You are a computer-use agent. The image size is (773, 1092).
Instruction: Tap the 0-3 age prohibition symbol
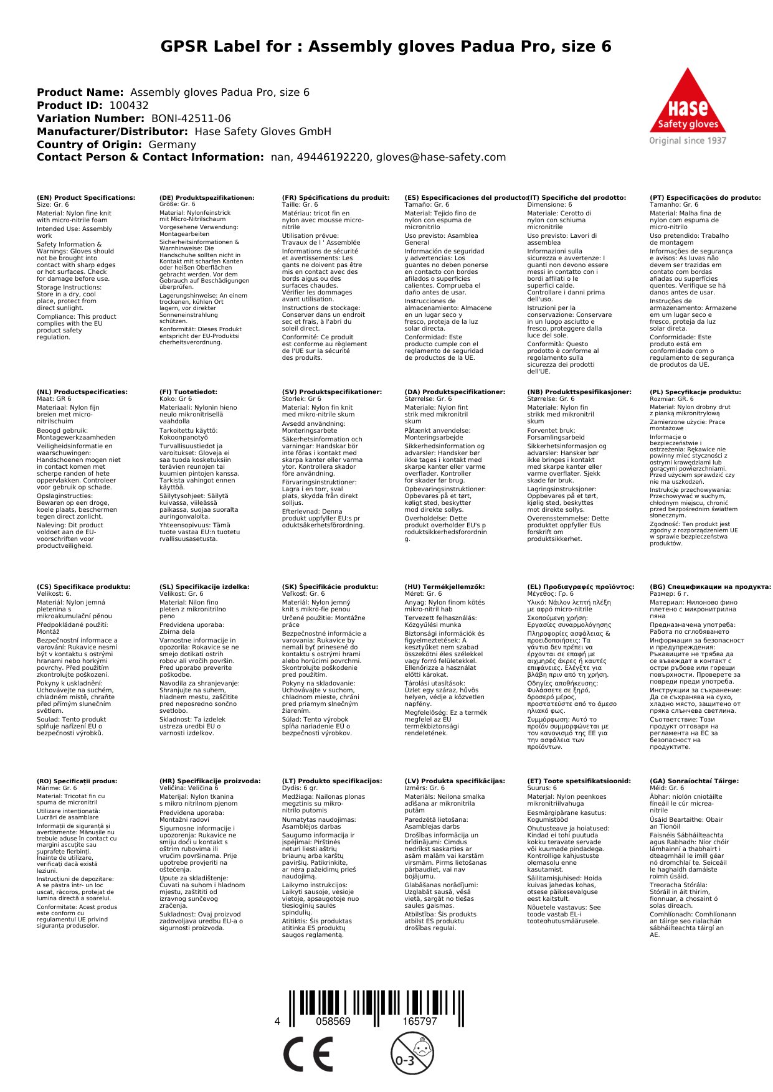tap(412, 1053)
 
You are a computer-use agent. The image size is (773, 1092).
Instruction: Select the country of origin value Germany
tap(172, 144)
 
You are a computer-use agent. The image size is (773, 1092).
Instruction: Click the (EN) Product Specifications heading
tap(86, 198)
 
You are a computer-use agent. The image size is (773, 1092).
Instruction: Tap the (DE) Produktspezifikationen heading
tap(207, 198)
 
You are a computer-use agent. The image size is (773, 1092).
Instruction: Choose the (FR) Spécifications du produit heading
tap(336, 198)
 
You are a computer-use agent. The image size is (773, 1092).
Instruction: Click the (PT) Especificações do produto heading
tap(705, 198)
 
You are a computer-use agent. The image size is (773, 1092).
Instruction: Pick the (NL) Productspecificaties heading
tap(82, 392)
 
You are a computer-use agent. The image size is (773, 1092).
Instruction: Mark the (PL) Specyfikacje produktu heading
tap(695, 392)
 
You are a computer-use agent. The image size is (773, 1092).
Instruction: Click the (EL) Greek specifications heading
tap(581, 586)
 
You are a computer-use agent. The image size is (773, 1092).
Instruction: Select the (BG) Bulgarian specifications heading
tap(710, 586)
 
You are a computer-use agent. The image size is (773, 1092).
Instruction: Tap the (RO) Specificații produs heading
tap(77, 781)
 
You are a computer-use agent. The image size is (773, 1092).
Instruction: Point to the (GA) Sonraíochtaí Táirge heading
tap(694, 781)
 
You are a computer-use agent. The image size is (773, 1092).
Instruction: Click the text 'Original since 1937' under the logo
tap(688, 141)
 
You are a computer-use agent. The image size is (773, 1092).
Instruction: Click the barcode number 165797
tap(420, 1022)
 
